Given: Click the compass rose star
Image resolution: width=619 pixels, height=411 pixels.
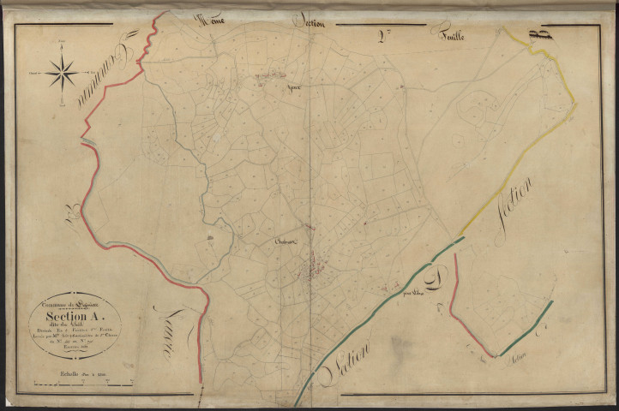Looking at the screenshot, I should pyautogui.click(x=62, y=72).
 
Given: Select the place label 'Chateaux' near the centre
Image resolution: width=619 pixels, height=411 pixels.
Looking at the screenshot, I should pyautogui.click(x=285, y=243).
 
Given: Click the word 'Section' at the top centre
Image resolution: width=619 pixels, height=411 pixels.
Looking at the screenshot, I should pyautogui.click(x=306, y=22).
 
